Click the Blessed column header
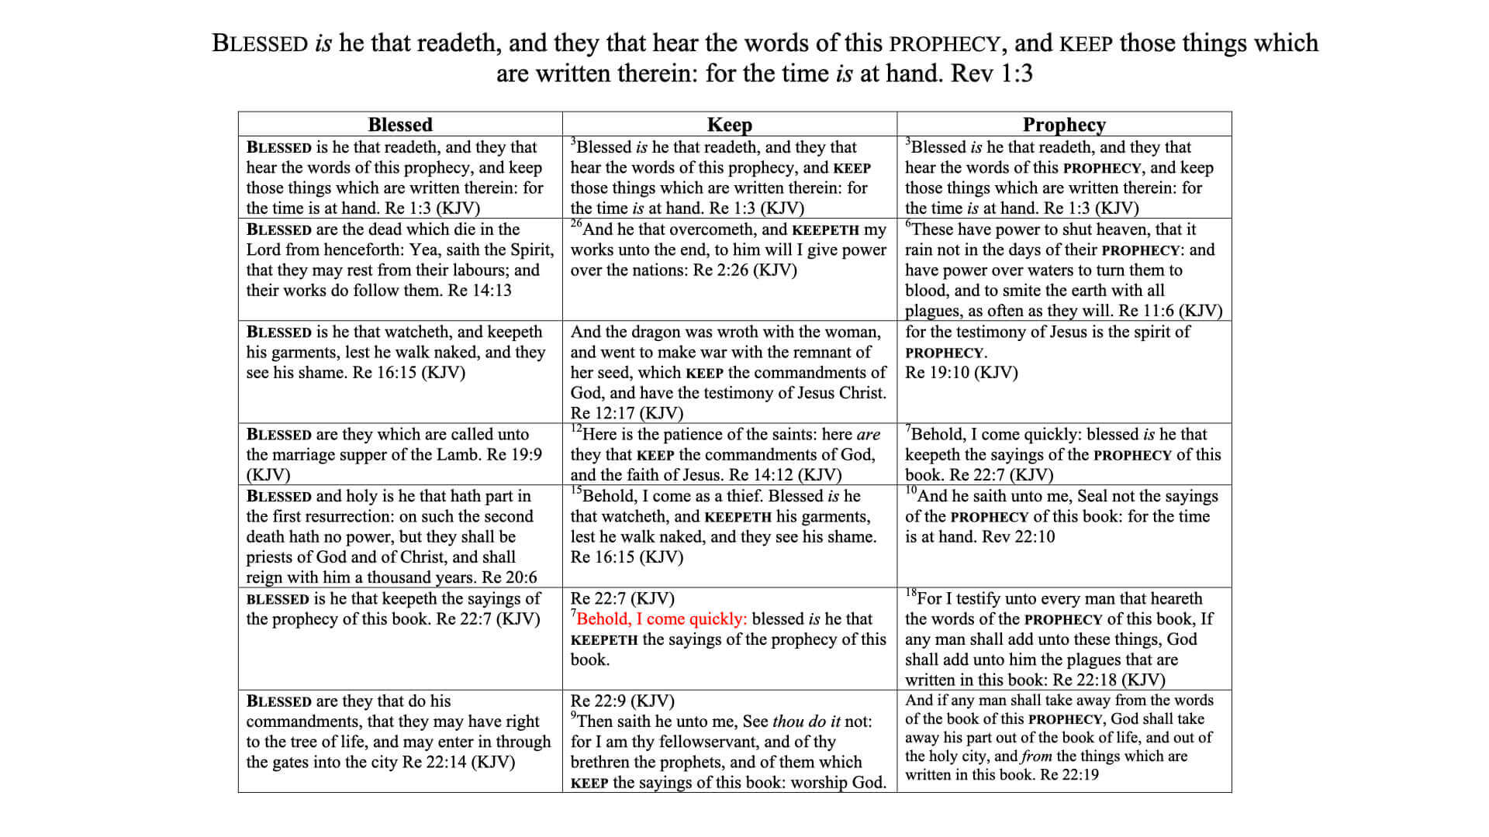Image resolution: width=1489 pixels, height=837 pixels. [x=399, y=125]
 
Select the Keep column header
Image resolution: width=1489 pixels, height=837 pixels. [x=729, y=125]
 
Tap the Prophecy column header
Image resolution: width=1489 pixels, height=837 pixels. [x=1064, y=125]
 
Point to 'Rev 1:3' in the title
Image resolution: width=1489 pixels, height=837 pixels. [x=992, y=74]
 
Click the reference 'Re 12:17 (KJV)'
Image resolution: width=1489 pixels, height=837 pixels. [x=627, y=413]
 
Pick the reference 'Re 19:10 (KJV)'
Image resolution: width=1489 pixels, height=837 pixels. [x=961, y=373]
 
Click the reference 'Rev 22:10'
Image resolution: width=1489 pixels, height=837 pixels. [x=1018, y=537]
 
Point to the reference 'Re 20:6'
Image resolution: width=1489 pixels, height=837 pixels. [x=509, y=577]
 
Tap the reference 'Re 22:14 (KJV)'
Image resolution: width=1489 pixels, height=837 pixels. [x=458, y=762]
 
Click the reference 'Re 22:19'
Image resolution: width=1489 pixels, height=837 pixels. [x=1069, y=775]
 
